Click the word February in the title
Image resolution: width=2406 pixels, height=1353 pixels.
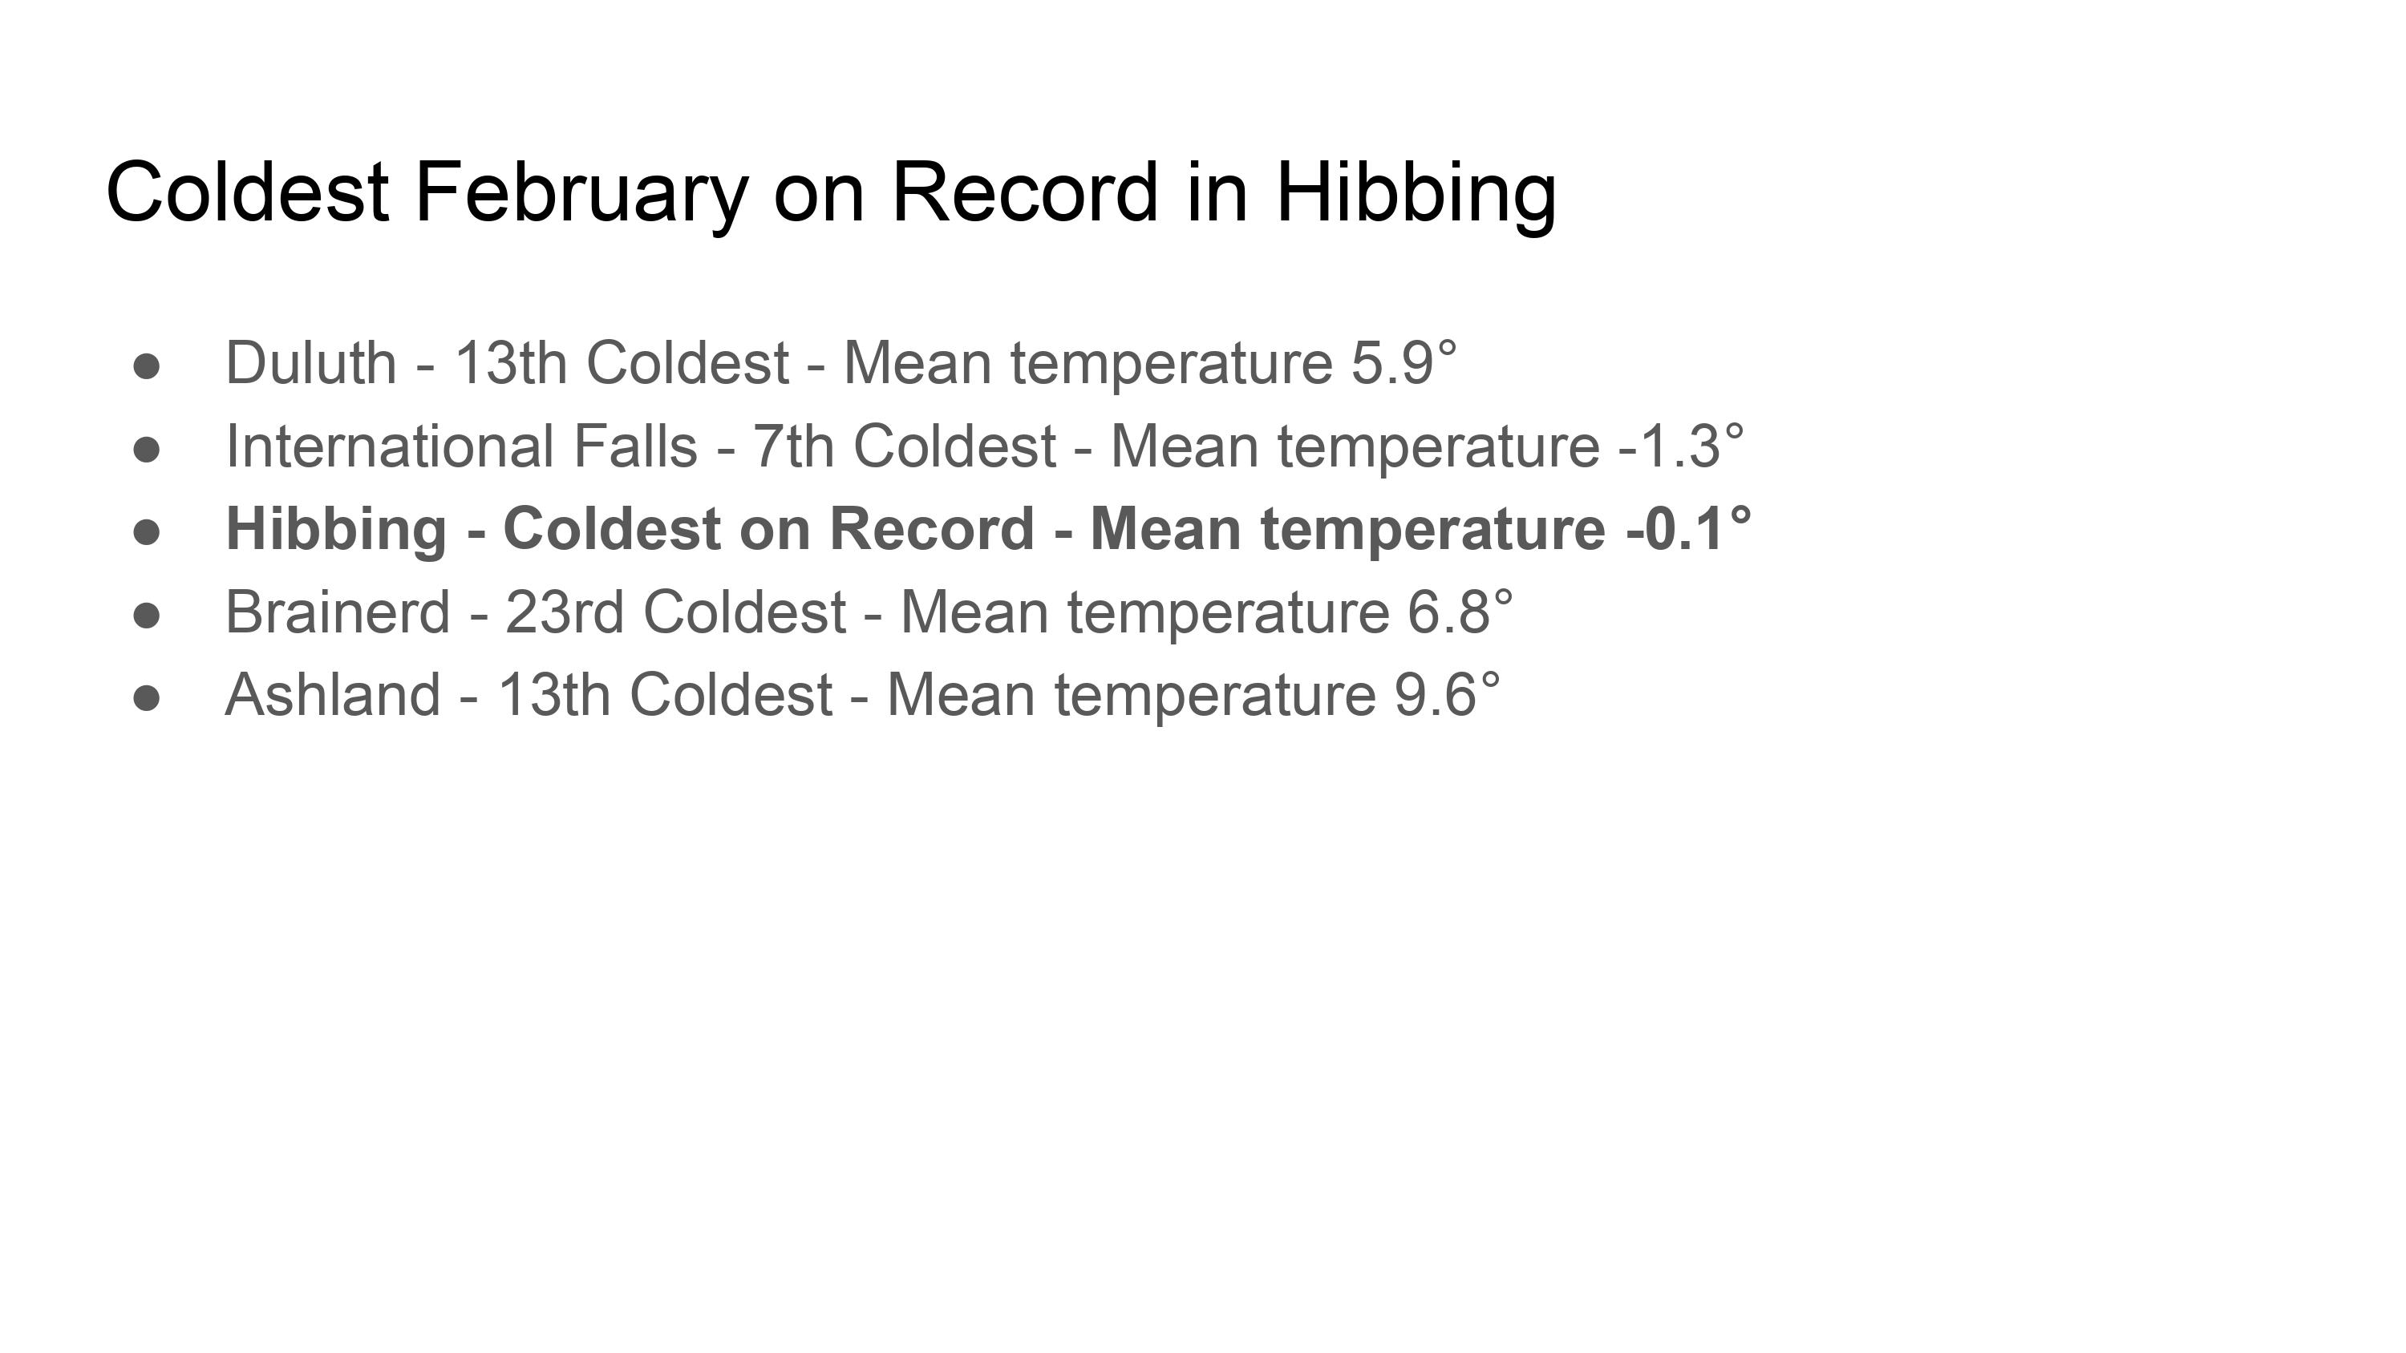tap(581, 193)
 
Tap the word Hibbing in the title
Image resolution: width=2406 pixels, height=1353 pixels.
tap(1416, 193)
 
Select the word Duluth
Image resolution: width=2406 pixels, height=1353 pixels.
tap(311, 362)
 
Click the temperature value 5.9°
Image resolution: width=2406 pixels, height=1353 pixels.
tap(1403, 362)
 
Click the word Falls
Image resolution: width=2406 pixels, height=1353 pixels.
tap(635, 446)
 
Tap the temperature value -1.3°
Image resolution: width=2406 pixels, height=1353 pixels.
tap(1681, 446)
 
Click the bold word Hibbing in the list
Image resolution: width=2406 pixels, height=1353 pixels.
tap(336, 530)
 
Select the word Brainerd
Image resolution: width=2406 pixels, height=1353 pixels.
tap(338, 612)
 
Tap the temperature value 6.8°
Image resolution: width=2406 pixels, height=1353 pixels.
tap(1460, 612)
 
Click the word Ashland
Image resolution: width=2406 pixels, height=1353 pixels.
tap(333, 695)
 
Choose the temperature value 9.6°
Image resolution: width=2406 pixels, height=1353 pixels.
tap(1447, 695)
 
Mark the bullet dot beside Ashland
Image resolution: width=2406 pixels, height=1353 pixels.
tap(147, 698)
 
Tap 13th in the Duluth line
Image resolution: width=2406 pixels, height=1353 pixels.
tap(511, 362)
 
